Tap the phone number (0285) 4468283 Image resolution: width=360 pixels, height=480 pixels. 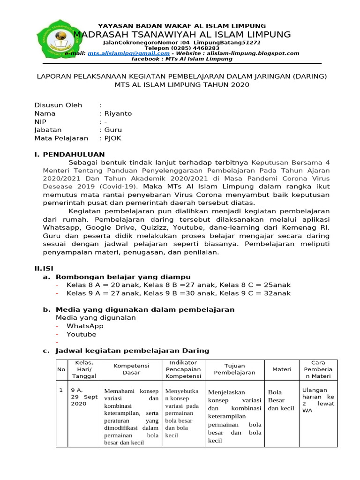(181, 48)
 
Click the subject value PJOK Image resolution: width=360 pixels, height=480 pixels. (113, 138)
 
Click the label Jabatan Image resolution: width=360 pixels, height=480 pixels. (48, 130)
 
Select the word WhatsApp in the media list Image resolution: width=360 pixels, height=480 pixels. (85, 326)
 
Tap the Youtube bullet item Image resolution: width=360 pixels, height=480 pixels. (81, 334)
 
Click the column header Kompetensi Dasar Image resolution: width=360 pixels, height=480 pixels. (131, 369)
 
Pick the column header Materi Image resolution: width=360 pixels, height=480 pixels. (282, 369)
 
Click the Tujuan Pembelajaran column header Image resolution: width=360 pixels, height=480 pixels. (234, 369)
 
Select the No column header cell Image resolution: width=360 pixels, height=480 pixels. (61, 369)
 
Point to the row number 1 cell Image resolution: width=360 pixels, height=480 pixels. (61, 390)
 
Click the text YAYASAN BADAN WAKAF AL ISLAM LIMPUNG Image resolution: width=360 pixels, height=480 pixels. (181, 25)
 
